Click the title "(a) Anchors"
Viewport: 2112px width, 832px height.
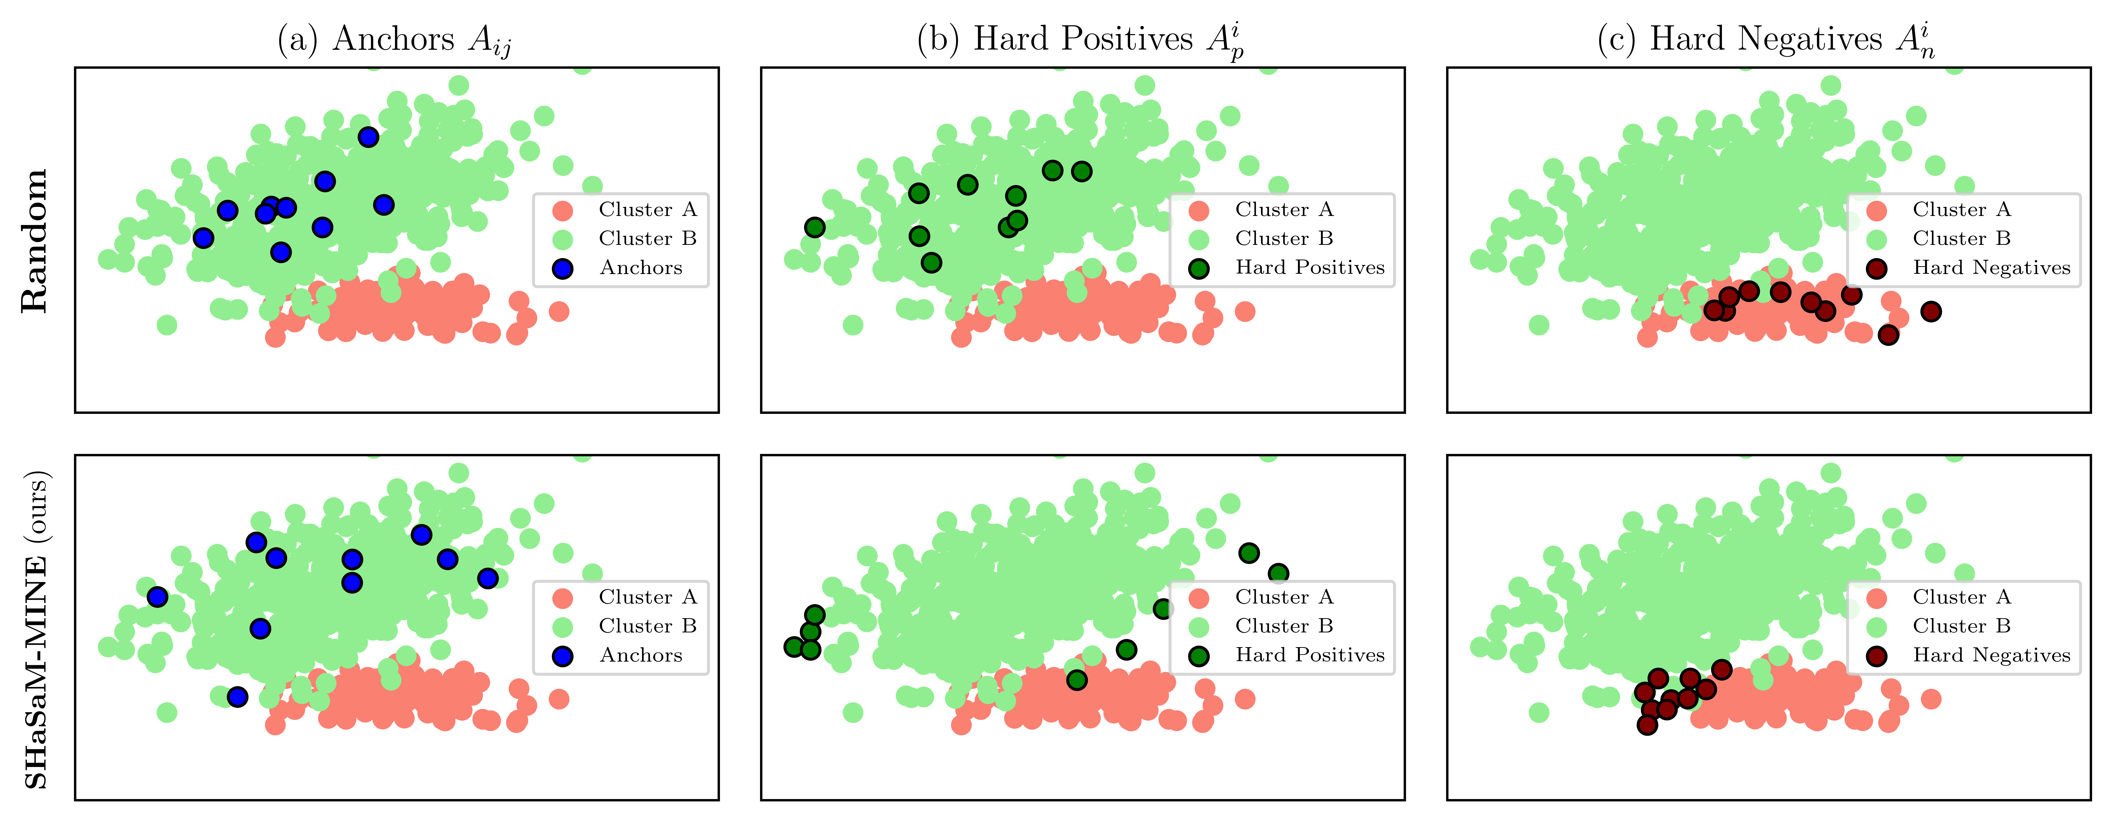click(394, 39)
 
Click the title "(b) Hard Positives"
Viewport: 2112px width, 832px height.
click(1081, 39)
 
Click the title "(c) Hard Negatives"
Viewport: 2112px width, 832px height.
click(1767, 39)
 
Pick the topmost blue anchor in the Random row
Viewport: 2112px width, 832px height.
click(368, 137)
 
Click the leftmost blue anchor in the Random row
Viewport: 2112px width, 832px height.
click(203, 238)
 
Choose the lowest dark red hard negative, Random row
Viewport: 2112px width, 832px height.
click(1888, 334)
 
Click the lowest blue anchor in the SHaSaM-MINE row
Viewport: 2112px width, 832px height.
click(237, 697)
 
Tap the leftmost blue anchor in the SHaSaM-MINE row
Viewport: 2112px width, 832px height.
click(157, 597)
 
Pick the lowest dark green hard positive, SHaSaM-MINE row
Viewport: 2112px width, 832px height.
click(1077, 680)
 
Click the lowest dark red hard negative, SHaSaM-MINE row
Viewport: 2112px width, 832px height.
click(1647, 725)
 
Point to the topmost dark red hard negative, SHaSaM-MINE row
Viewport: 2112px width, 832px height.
click(1722, 670)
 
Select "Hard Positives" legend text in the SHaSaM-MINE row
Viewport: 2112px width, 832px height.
click(1309, 655)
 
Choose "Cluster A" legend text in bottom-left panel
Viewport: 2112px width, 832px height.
click(647, 597)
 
